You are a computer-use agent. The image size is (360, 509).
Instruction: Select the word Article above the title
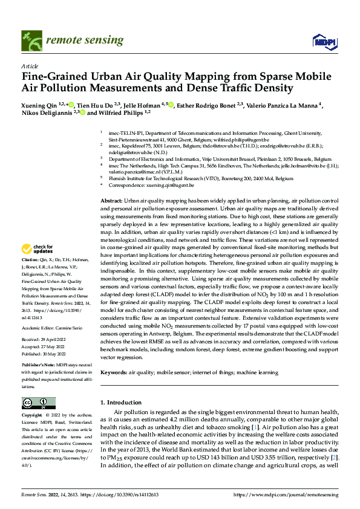pyautogui.click(x=29, y=66)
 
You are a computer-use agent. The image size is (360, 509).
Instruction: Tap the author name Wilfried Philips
pyautogui.click(x=125, y=112)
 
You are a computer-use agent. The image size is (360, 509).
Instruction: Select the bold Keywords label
pyautogui.click(x=114, y=373)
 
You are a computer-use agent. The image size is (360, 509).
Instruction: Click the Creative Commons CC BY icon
pyautogui.click(x=38, y=403)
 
